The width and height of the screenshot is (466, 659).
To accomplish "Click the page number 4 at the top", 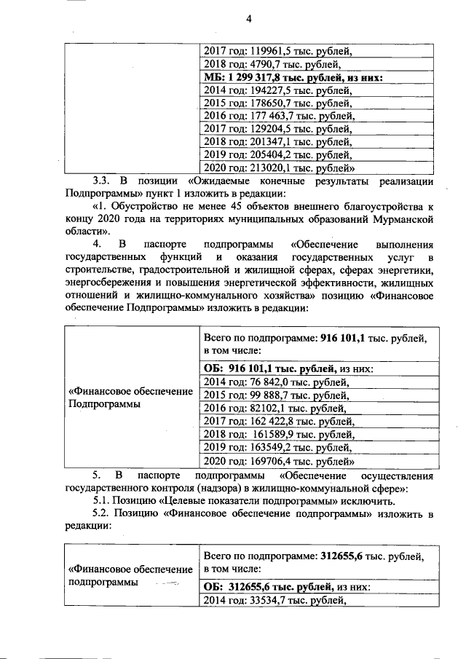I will pyautogui.click(x=248, y=19).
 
